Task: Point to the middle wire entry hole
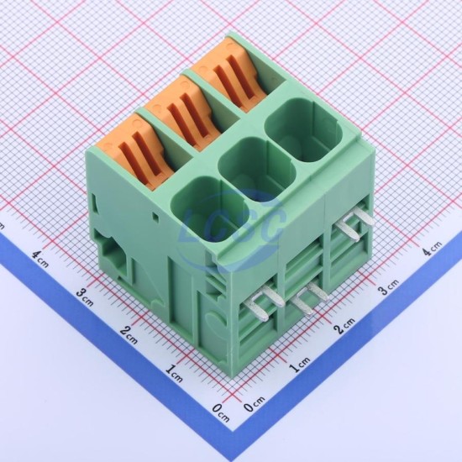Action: (x=257, y=170)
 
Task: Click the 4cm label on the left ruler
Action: (x=40, y=259)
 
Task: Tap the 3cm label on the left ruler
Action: (x=85, y=297)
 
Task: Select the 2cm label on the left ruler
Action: (x=129, y=334)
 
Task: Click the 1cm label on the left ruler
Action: (x=174, y=373)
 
